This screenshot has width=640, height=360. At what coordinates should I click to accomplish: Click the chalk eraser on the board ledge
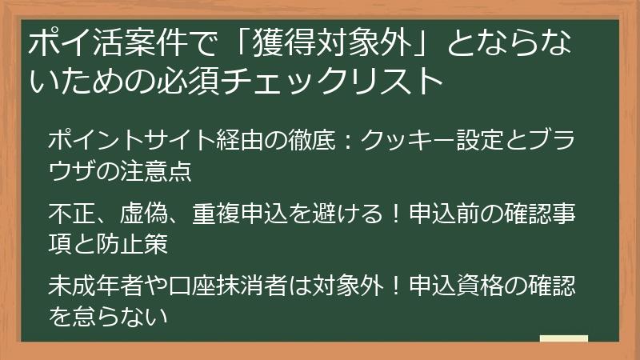point(563,339)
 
